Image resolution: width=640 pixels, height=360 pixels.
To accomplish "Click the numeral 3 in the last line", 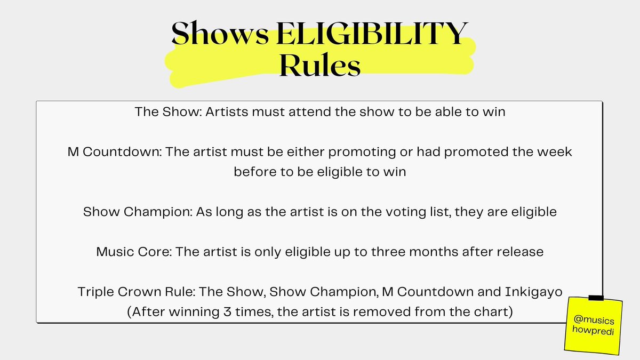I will pyautogui.click(x=255, y=311).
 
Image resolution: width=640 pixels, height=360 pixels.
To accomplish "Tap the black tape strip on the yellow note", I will pyautogui.click(x=596, y=298).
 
